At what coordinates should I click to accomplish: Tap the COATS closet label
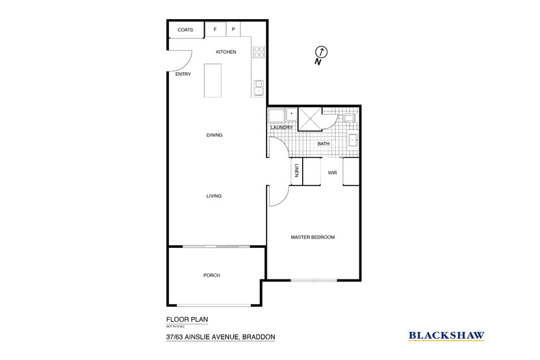[x=185, y=30]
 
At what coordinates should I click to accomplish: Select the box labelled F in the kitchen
[x=215, y=30]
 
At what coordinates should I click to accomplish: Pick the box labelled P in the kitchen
[x=233, y=30]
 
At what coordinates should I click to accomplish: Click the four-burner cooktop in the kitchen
[x=259, y=52]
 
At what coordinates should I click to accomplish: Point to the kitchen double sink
[x=259, y=87]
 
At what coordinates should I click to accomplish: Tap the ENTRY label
[x=183, y=74]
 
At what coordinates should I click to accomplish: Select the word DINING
[x=215, y=135]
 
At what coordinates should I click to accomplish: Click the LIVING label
[x=215, y=196]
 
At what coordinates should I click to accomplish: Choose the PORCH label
[x=211, y=275]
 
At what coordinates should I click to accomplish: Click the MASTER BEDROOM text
[x=313, y=237]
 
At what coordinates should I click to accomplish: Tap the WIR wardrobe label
[x=332, y=173]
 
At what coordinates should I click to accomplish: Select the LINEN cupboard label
[x=297, y=171]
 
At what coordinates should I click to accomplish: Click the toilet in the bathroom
[x=349, y=119]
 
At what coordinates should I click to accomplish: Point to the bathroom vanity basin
[x=353, y=141]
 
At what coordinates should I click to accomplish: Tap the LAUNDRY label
[x=282, y=128]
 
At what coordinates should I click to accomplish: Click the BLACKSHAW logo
[x=446, y=335]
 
